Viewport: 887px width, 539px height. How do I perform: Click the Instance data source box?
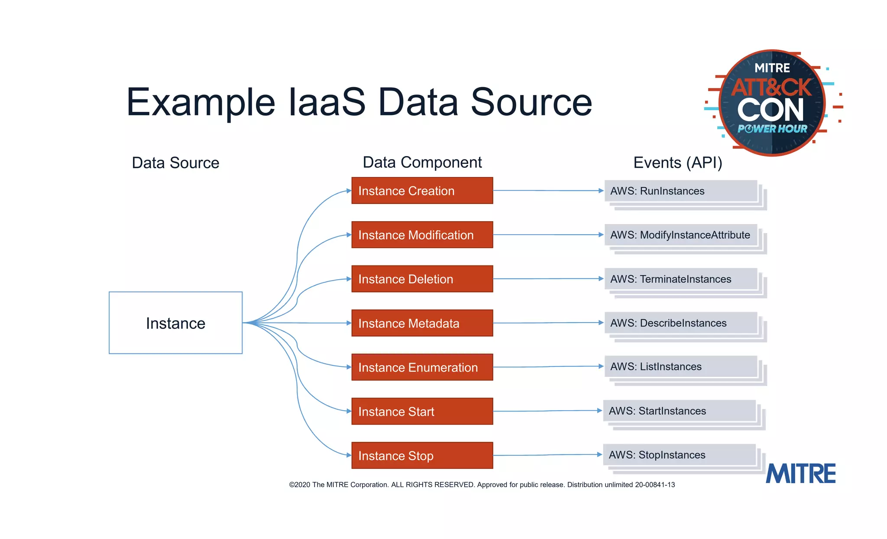point(175,323)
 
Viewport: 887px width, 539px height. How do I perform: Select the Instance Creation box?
point(422,191)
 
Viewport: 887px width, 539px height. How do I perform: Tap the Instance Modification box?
point(422,235)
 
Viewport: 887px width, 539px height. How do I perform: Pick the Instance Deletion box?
point(422,279)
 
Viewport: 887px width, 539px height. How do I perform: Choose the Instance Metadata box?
point(422,323)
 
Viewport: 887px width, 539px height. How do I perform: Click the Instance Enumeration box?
point(422,367)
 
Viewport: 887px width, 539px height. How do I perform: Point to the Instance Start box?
point(422,411)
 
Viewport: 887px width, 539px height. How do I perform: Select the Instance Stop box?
point(422,455)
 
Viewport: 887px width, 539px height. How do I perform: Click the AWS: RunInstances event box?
point(681,191)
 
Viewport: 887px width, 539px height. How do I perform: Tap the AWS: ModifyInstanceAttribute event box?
point(681,235)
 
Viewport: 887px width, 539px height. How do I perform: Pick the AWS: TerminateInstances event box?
point(681,279)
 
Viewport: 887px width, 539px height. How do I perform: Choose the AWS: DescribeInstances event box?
point(681,323)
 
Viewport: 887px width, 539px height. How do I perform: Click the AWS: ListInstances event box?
point(681,367)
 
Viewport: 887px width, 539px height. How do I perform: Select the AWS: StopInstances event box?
point(679,455)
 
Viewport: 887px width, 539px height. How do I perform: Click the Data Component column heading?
point(422,163)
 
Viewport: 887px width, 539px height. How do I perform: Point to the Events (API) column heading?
point(677,163)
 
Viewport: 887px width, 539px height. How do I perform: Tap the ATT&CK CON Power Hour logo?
point(772,103)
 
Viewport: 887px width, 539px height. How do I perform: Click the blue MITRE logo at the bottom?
point(800,474)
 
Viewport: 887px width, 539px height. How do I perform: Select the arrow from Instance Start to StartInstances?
point(547,411)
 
